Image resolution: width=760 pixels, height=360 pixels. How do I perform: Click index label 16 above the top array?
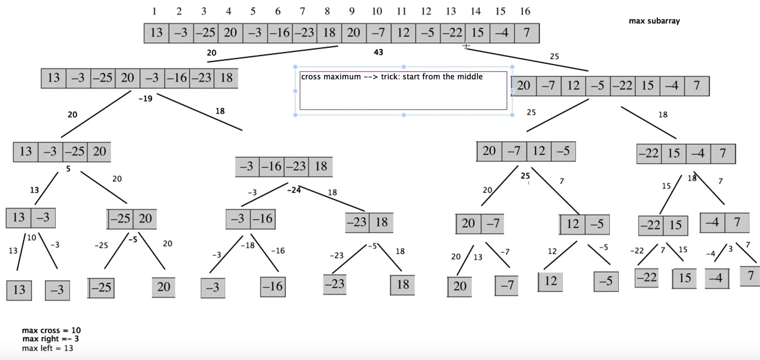tap(525, 11)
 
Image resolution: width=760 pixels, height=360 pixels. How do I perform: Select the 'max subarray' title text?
tap(654, 21)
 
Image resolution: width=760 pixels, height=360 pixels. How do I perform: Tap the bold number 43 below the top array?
tap(378, 52)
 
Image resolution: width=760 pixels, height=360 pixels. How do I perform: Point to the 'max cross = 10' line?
tap(51, 330)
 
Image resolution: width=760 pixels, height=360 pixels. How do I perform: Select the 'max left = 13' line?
tap(48, 348)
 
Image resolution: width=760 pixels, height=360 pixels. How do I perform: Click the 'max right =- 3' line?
tap(50, 339)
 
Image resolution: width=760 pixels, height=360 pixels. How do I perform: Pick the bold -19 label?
tap(145, 99)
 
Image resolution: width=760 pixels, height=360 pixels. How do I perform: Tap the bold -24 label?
tap(294, 190)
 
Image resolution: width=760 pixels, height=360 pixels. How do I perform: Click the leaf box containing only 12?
tap(550, 282)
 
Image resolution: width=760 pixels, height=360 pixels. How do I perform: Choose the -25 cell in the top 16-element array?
tap(205, 33)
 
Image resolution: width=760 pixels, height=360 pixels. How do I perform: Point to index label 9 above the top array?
tap(351, 11)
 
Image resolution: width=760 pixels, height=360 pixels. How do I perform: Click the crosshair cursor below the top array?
tap(466, 46)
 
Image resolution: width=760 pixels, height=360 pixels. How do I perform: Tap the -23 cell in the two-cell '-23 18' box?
tap(357, 222)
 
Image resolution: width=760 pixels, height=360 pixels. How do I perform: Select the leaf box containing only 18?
tap(402, 285)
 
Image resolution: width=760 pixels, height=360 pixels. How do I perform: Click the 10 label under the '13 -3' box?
tap(32, 238)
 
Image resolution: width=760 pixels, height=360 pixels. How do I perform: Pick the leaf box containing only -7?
tap(506, 286)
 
